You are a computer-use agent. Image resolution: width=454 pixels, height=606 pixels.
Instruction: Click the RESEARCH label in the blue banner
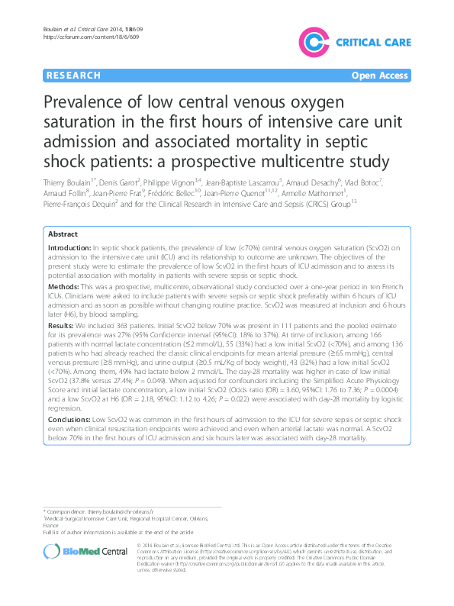click(74, 76)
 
